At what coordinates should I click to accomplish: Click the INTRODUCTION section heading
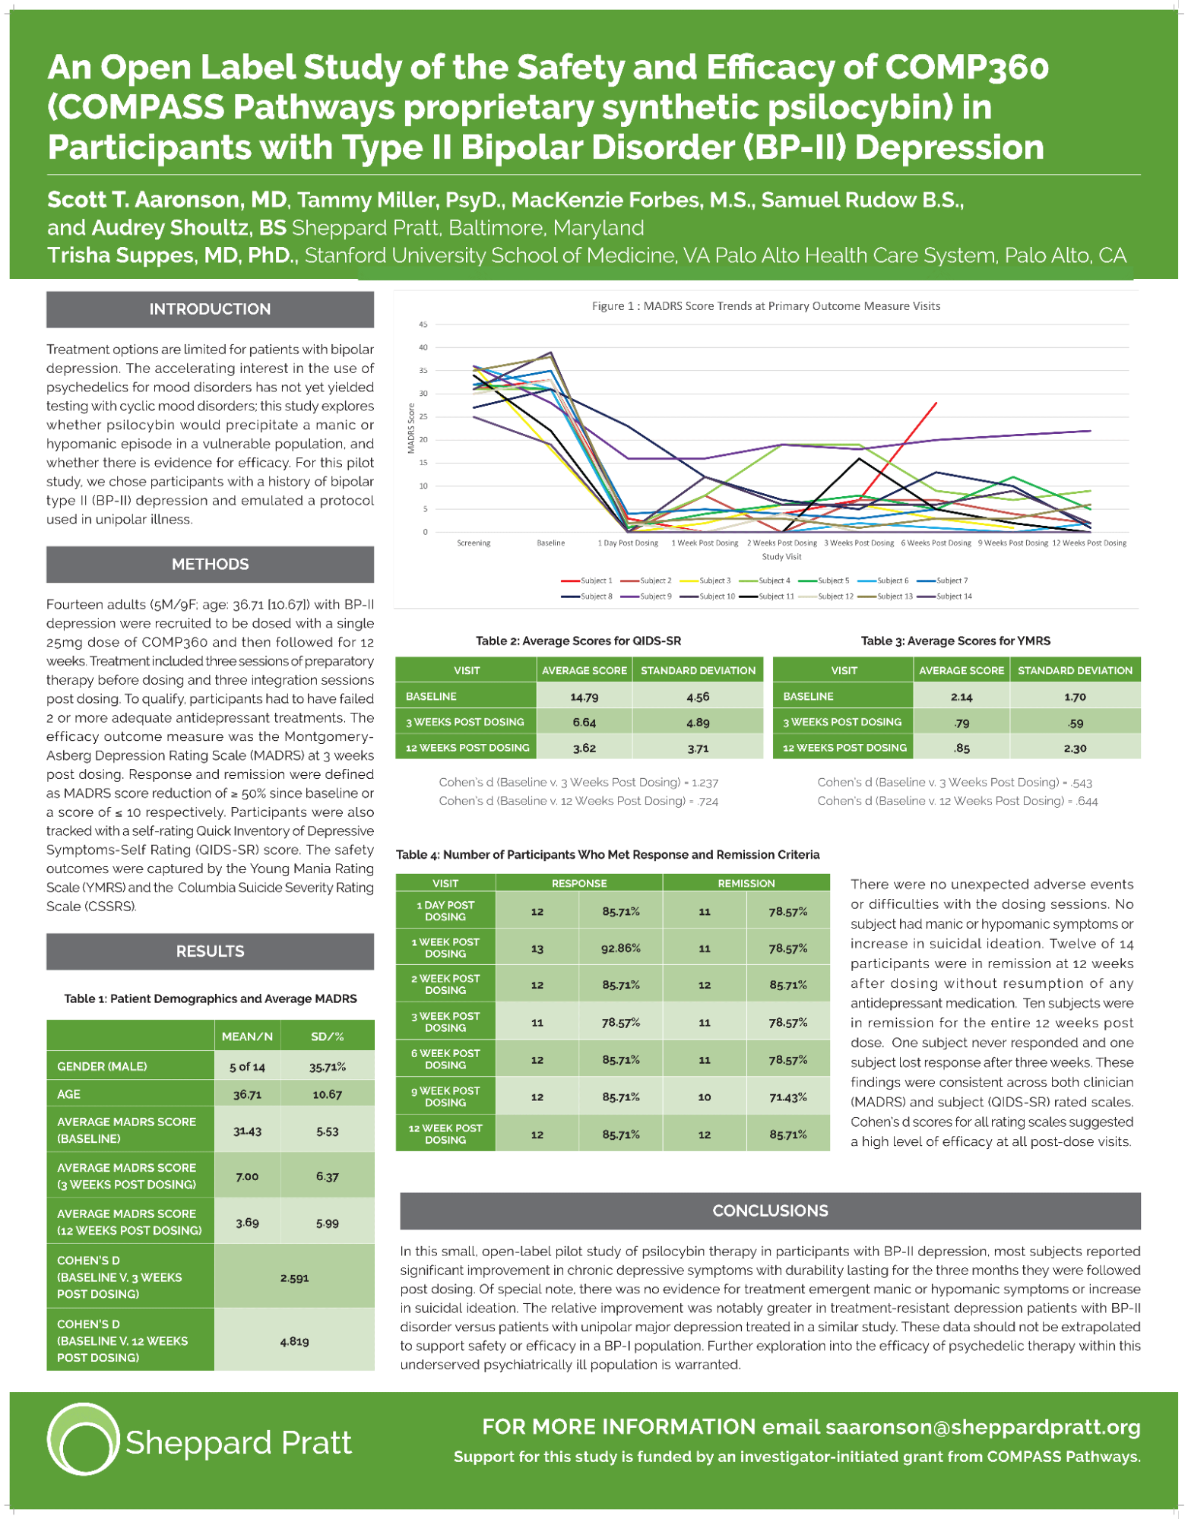tap(210, 309)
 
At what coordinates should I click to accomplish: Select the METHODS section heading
tap(210, 565)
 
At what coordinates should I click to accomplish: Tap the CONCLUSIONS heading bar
tap(769, 1210)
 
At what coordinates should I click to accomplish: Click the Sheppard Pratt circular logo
tap(83, 1439)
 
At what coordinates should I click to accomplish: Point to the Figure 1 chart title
tap(765, 306)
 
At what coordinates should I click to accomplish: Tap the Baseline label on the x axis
tap(550, 543)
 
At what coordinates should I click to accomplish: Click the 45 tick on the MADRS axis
tap(423, 324)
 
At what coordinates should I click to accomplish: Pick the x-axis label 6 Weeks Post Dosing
tap(935, 543)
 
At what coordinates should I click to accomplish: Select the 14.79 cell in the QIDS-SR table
tap(584, 696)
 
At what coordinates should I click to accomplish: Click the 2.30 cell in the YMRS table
tap(1074, 748)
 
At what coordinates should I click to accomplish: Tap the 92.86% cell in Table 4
tap(620, 948)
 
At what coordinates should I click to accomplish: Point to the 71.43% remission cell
tap(787, 1097)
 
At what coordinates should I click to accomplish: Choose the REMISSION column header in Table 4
tap(746, 883)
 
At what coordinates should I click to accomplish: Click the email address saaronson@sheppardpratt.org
tap(982, 1427)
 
